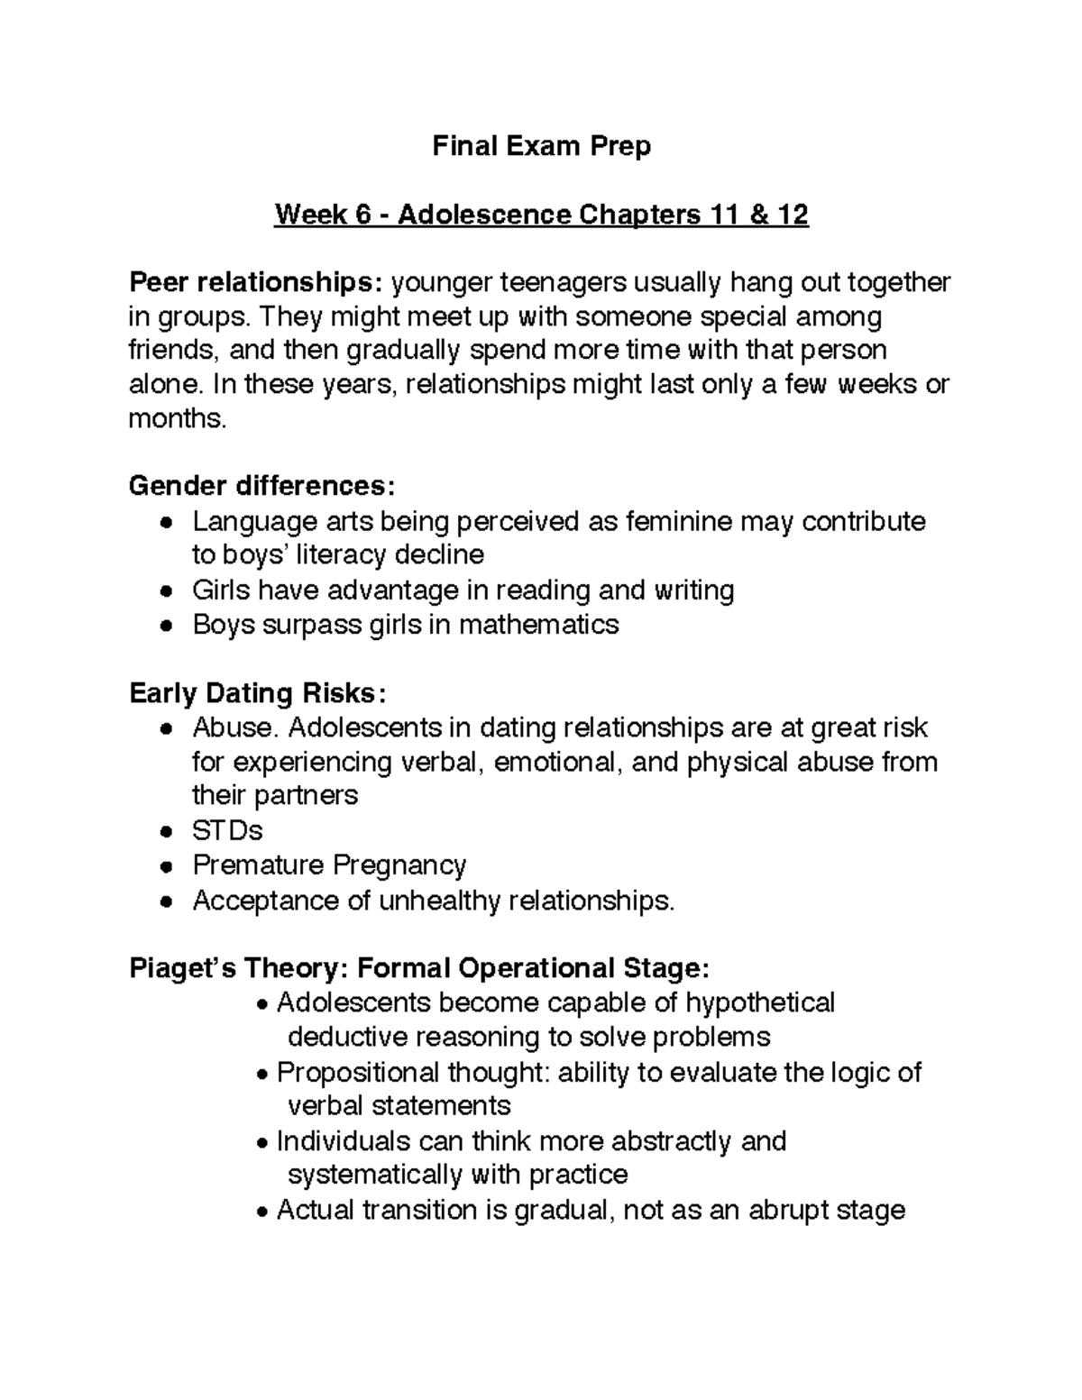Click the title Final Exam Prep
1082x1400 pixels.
[541, 146]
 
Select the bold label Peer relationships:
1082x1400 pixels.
[256, 283]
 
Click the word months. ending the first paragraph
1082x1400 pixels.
[177, 419]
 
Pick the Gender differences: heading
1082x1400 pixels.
[261, 487]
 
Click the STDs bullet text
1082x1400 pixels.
[227, 830]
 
